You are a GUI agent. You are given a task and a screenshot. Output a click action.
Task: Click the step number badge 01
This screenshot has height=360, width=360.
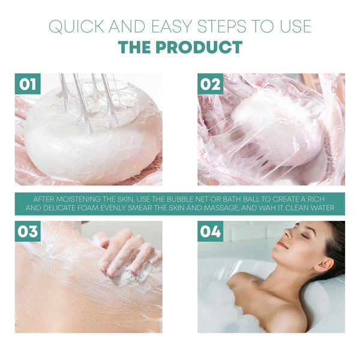pos(28,84)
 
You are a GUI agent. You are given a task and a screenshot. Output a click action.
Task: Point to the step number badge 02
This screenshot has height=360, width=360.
pos(211,84)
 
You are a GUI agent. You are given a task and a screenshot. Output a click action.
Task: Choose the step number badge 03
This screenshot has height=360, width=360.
pos(28,231)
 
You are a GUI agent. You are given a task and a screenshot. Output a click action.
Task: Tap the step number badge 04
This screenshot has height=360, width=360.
pos(211,231)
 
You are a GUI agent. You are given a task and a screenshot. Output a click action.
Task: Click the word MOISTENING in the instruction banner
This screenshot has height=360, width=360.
pos(78,199)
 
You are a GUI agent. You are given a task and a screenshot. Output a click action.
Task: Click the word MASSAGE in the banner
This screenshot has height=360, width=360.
pos(220,208)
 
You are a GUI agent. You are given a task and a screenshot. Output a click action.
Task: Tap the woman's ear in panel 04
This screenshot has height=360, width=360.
pos(326,266)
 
